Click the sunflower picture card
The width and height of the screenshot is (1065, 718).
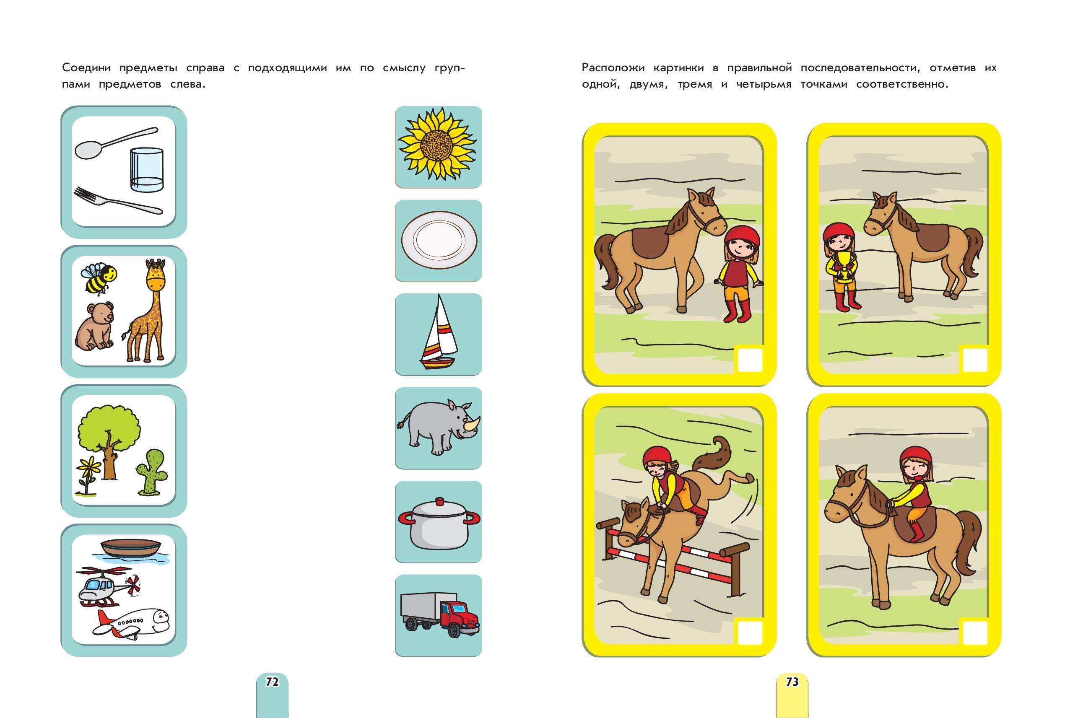[x=438, y=147]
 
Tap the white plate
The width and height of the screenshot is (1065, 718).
[x=438, y=241]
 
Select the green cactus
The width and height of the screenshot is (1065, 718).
[x=152, y=472]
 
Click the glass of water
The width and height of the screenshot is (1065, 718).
[x=147, y=169]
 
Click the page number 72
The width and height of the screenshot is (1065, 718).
[x=272, y=682]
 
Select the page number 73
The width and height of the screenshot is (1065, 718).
[x=792, y=682]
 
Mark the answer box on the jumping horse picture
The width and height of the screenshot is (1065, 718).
[x=750, y=632]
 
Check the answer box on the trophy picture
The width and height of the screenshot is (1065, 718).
[x=975, y=360]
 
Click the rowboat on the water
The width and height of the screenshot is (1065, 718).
[x=131, y=548]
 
